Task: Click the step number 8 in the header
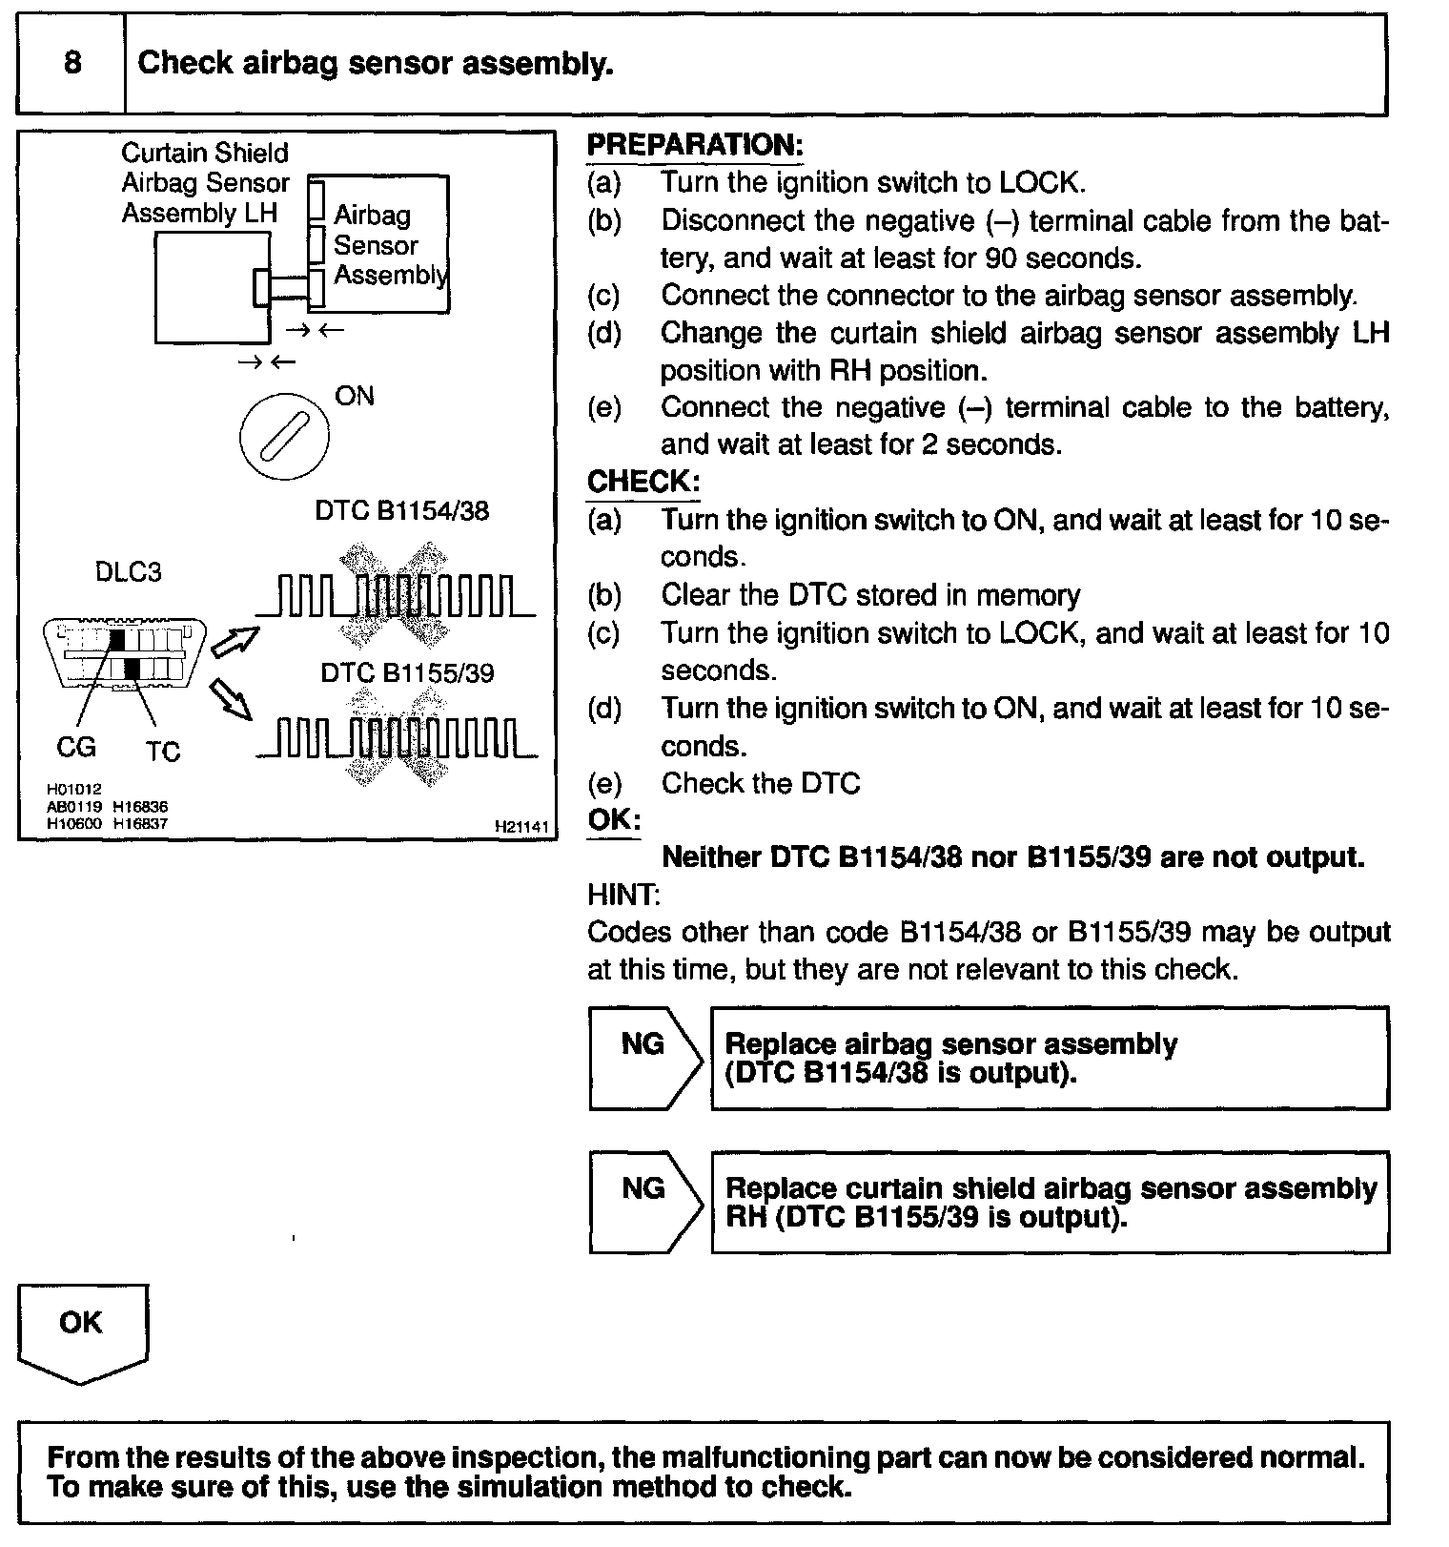pyautogui.click(x=72, y=63)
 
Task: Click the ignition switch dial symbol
pyautogui.click(x=284, y=437)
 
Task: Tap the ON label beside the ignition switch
pyautogui.click(x=355, y=396)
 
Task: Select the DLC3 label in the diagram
pyautogui.click(x=129, y=572)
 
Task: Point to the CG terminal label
pyautogui.click(x=76, y=747)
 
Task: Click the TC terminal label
pyautogui.click(x=163, y=752)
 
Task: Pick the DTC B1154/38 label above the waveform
pyautogui.click(x=401, y=511)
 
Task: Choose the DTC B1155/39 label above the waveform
pyautogui.click(x=407, y=673)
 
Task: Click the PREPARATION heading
pyautogui.click(x=695, y=145)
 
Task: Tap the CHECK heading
pyautogui.click(x=643, y=482)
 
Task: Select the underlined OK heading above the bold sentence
pyautogui.click(x=614, y=820)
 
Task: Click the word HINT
pyautogui.click(x=623, y=895)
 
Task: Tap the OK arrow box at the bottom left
pyautogui.click(x=82, y=1330)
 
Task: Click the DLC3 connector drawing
pyautogui.click(x=124, y=652)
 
